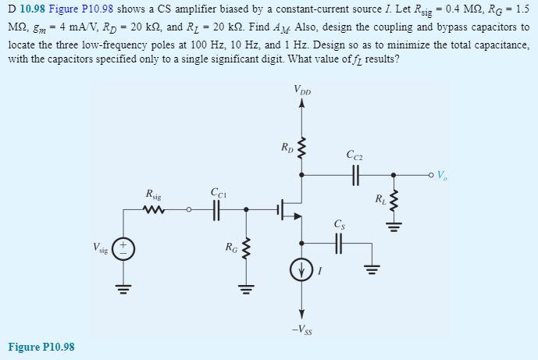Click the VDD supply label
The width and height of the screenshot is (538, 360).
click(302, 92)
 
